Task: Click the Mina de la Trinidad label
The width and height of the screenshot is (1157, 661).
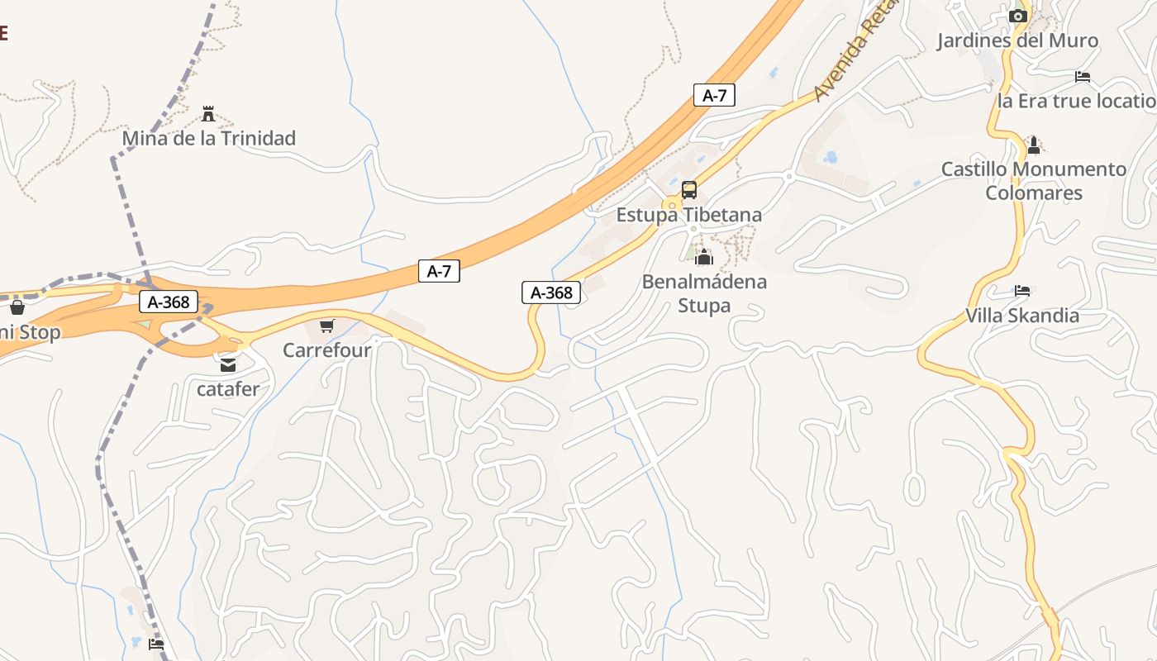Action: pos(208,138)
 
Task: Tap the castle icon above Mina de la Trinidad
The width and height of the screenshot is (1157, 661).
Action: pos(208,114)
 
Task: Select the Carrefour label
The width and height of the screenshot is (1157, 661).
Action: pos(326,350)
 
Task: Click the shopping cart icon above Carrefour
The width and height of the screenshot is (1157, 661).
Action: pos(327,326)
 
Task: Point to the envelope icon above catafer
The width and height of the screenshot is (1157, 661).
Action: pos(227,364)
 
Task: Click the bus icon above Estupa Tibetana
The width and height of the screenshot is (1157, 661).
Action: pos(689,190)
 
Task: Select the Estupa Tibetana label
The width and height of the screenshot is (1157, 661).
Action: pos(689,215)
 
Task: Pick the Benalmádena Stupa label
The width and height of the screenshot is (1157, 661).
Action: pos(704,293)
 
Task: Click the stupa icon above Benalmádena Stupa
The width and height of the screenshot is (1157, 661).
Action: pos(704,258)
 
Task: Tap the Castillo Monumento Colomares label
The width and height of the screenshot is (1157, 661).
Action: pos(1034,181)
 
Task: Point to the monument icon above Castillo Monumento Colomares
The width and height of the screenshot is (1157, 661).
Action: pos(1033,145)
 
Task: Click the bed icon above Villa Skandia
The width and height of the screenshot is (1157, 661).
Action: pos(1022,291)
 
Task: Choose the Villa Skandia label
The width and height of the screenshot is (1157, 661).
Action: pos(1022,315)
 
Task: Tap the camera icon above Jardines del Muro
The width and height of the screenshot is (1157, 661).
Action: pos(1018,16)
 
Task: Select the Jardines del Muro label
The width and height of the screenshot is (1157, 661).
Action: pos(1017,40)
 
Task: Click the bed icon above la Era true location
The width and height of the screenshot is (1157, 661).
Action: pos(1083,77)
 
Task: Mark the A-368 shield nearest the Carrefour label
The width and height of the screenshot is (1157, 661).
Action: pos(551,292)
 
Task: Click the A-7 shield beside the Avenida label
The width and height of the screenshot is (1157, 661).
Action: pos(714,95)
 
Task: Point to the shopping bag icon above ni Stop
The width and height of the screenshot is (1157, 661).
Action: pos(17,308)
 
